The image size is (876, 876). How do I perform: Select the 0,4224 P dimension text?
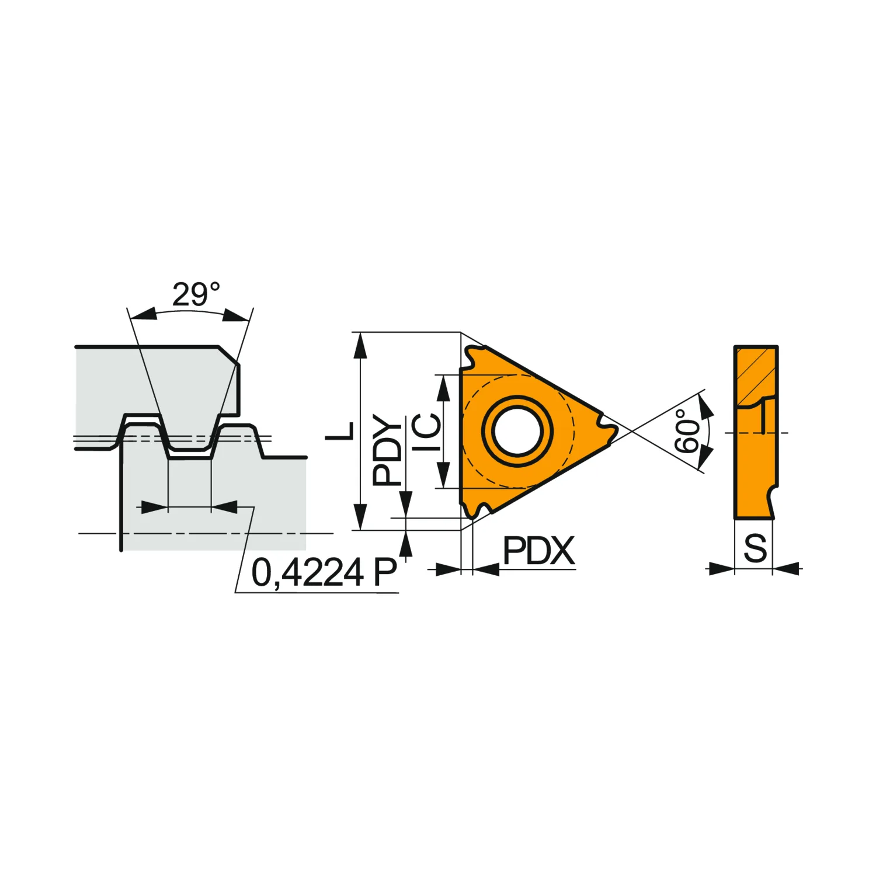click(324, 572)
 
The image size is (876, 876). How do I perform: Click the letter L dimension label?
click(340, 430)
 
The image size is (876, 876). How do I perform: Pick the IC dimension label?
click(427, 432)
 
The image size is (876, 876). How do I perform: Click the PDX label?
click(538, 551)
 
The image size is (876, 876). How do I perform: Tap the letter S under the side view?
click(755, 548)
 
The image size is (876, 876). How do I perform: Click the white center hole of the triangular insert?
click(517, 431)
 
